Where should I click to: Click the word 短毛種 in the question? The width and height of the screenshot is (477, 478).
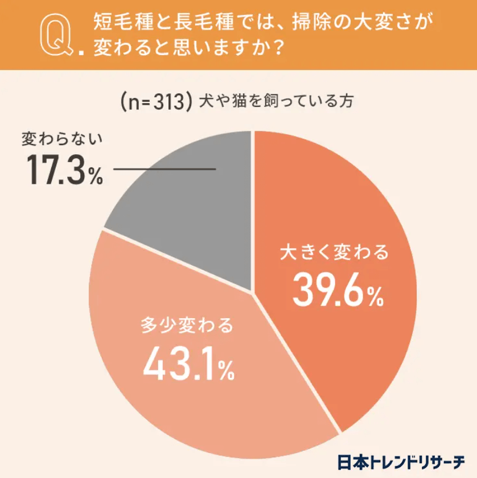[x=119, y=23]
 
